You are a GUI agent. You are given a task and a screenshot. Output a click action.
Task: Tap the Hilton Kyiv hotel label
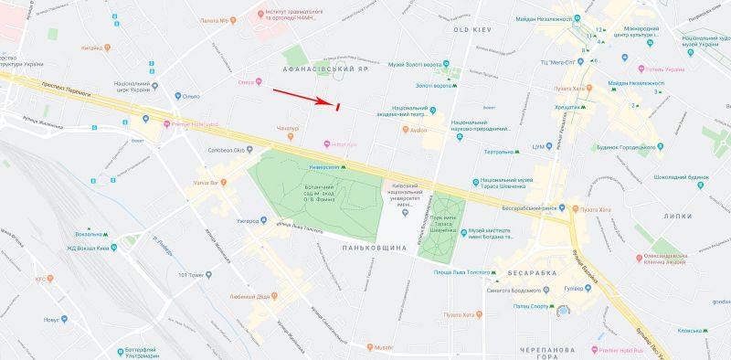coord(343,144)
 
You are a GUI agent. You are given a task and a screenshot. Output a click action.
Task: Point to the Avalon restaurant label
coord(418,129)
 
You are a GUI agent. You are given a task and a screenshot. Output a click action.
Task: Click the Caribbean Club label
coord(228,150)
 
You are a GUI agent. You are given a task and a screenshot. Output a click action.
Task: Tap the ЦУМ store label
coord(539,146)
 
